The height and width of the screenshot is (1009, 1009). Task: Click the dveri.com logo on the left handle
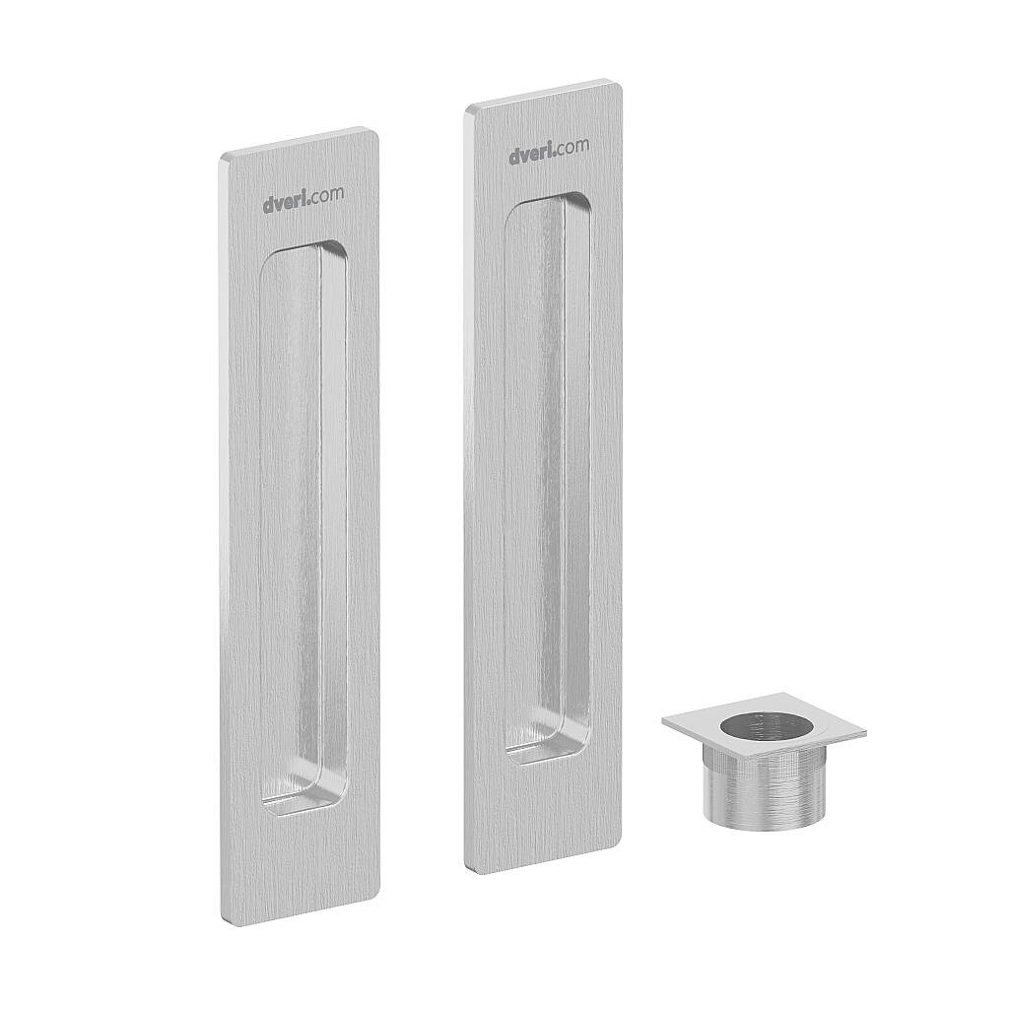coord(303,199)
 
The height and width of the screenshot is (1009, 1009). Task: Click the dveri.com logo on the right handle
coord(549,151)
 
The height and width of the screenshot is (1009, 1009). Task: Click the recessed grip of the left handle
coord(303,528)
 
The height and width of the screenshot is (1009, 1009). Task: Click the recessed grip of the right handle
coord(548,478)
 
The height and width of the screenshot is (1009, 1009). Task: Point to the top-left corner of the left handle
coord(222,157)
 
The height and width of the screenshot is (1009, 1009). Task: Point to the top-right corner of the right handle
coord(621,83)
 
